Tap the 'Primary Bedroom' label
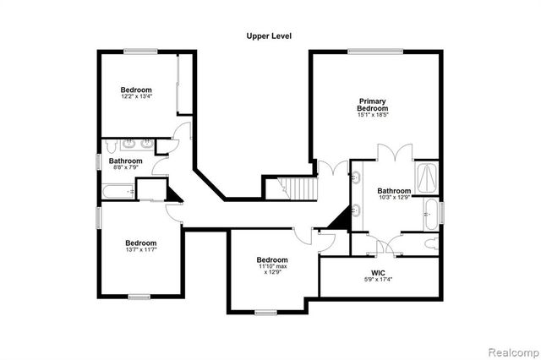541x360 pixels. pyautogui.click(x=373, y=105)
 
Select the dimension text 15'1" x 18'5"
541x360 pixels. pyautogui.click(x=373, y=115)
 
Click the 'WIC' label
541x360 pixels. pyautogui.click(x=378, y=273)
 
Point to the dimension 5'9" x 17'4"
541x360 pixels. pyautogui.click(x=378, y=280)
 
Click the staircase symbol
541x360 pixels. pyautogui.click(x=300, y=188)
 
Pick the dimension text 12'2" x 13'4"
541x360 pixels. pyautogui.click(x=136, y=97)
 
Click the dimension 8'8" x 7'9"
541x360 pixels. pyautogui.click(x=124, y=166)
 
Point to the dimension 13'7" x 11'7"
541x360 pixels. pyautogui.click(x=143, y=248)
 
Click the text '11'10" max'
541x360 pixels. pyautogui.click(x=273, y=266)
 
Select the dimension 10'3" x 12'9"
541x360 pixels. pyautogui.click(x=394, y=198)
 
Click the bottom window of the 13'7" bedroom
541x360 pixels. pyautogui.click(x=139, y=295)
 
